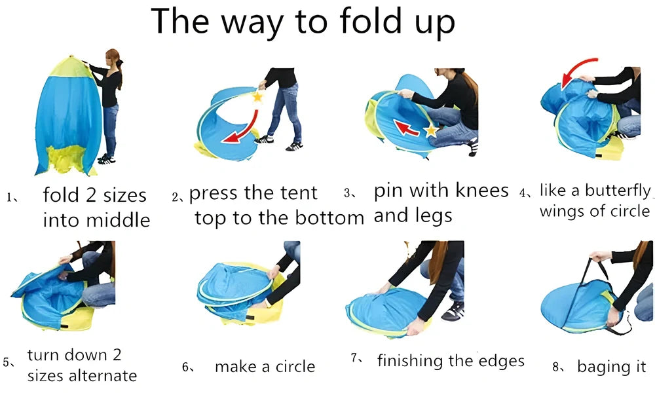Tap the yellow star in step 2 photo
tap(257, 97)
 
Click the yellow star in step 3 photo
tap(431, 131)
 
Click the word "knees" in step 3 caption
tap(479, 191)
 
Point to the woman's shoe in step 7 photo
tap(453, 310)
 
